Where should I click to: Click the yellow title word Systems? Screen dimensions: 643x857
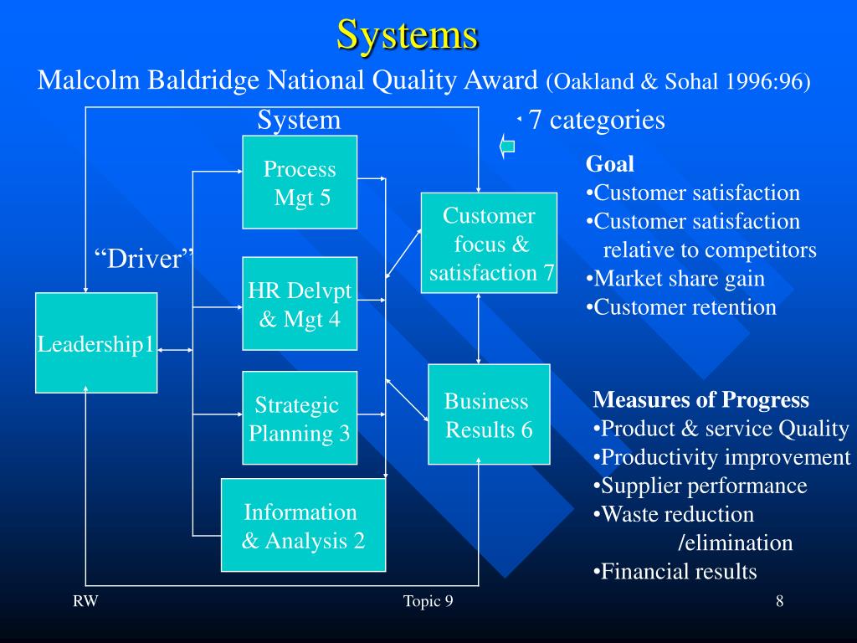click(x=408, y=34)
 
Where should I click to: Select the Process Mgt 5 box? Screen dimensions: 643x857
click(x=300, y=183)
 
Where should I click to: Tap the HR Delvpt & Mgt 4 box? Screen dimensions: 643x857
click(x=300, y=303)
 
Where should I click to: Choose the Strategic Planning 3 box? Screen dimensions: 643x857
click(x=300, y=418)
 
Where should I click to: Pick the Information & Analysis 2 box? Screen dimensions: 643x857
click(x=303, y=525)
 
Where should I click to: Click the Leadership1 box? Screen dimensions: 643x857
click(x=96, y=343)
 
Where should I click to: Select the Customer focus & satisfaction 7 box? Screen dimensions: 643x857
click(x=489, y=243)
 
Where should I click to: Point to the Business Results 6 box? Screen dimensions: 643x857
click(x=489, y=414)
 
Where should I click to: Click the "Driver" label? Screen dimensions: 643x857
click(x=143, y=259)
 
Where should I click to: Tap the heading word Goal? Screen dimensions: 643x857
click(x=610, y=164)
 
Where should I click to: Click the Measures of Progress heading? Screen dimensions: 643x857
click(x=701, y=400)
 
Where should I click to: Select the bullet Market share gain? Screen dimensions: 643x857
click(x=675, y=279)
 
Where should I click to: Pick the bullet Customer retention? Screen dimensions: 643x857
click(x=681, y=307)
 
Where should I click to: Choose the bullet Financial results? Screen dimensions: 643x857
click(x=675, y=572)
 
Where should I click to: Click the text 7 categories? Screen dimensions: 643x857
click(x=597, y=121)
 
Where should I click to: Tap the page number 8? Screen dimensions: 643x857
click(x=779, y=601)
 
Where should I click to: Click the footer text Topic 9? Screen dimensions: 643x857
click(x=428, y=601)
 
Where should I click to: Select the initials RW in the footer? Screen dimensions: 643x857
click(x=84, y=601)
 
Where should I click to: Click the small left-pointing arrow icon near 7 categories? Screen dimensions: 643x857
click(x=506, y=147)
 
